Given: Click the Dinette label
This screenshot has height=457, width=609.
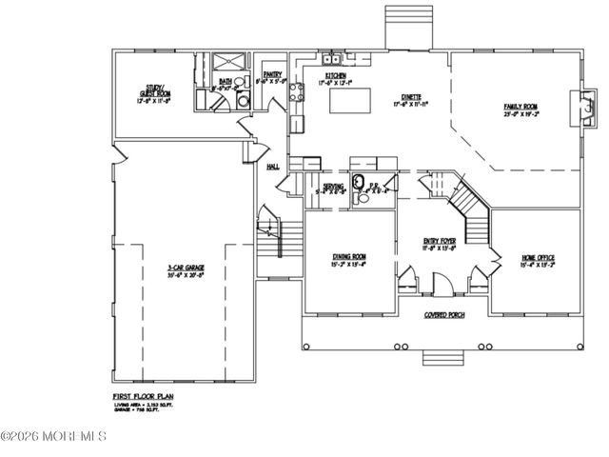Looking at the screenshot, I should [411, 98].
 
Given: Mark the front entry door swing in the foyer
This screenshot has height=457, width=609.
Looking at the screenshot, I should [440, 283].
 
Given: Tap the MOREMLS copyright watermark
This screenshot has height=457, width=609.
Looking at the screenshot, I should [54, 437].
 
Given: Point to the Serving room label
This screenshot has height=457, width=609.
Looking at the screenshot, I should [333, 188].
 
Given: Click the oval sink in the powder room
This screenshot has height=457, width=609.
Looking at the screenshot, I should [359, 183].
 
